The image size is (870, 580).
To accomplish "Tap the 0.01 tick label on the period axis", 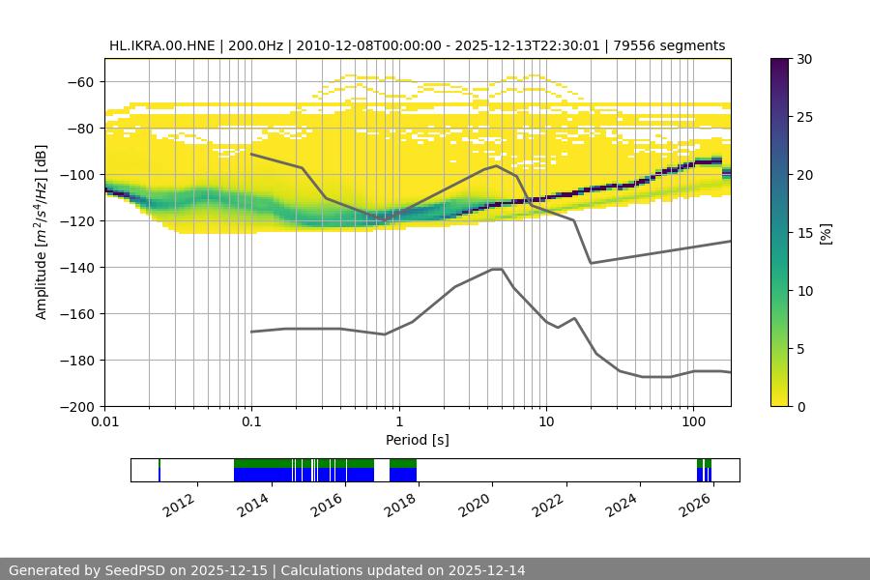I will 104,422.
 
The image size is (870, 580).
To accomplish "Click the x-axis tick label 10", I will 545,422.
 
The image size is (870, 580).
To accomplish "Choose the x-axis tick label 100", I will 692,422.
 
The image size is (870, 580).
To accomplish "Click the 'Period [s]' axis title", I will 417,440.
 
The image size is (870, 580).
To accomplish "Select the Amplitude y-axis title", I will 42,232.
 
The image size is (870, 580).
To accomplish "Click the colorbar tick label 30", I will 804,59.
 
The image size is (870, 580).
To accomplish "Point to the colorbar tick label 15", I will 804,232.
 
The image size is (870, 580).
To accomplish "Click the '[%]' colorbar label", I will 826,232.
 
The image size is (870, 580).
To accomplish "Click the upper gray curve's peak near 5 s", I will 497,165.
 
